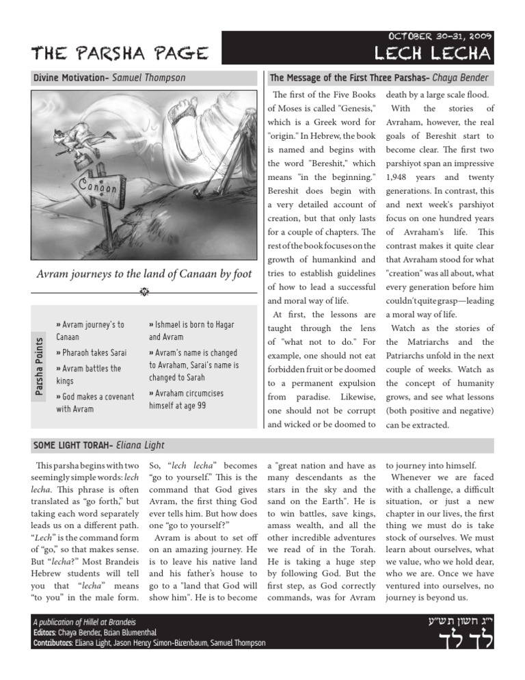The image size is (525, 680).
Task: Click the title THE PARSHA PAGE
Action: (111, 53)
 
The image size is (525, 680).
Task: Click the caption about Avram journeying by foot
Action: (143, 275)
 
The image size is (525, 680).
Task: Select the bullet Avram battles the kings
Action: (88, 375)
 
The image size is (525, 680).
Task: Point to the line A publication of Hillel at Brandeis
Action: (84, 622)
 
